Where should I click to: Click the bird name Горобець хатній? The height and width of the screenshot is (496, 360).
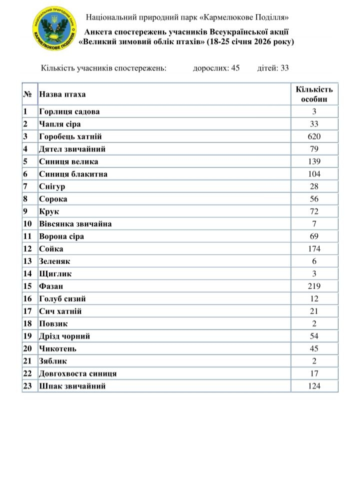pyautogui.click(x=70, y=136)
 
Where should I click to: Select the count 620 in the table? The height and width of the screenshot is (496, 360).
pyautogui.click(x=314, y=136)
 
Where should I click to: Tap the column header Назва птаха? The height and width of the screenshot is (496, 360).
pyautogui.click(x=62, y=94)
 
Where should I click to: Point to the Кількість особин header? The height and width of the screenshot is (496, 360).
pyautogui.click(x=314, y=94)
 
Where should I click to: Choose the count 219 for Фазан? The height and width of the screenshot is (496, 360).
pyautogui.click(x=314, y=286)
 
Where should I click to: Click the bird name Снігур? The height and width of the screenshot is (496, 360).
pyautogui.click(x=52, y=186)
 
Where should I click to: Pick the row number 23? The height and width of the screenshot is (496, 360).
pyautogui.click(x=27, y=386)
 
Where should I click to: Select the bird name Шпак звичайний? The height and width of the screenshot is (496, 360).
pyautogui.click(x=72, y=386)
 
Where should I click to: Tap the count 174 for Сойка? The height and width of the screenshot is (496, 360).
pyautogui.click(x=314, y=249)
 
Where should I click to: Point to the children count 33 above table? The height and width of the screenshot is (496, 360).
pyautogui.click(x=284, y=69)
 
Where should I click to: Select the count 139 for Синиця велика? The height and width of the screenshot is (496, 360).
pyautogui.click(x=314, y=161)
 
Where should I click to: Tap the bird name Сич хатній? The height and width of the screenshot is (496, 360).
pyautogui.click(x=60, y=311)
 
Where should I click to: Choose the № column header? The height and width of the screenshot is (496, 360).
pyautogui.click(x=27, y=94)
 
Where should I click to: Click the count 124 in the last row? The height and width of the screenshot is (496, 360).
pyautogui.click(x=314, y=386)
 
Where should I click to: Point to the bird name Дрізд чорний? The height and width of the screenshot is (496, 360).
pyautogui.click(x=64, y=336)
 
